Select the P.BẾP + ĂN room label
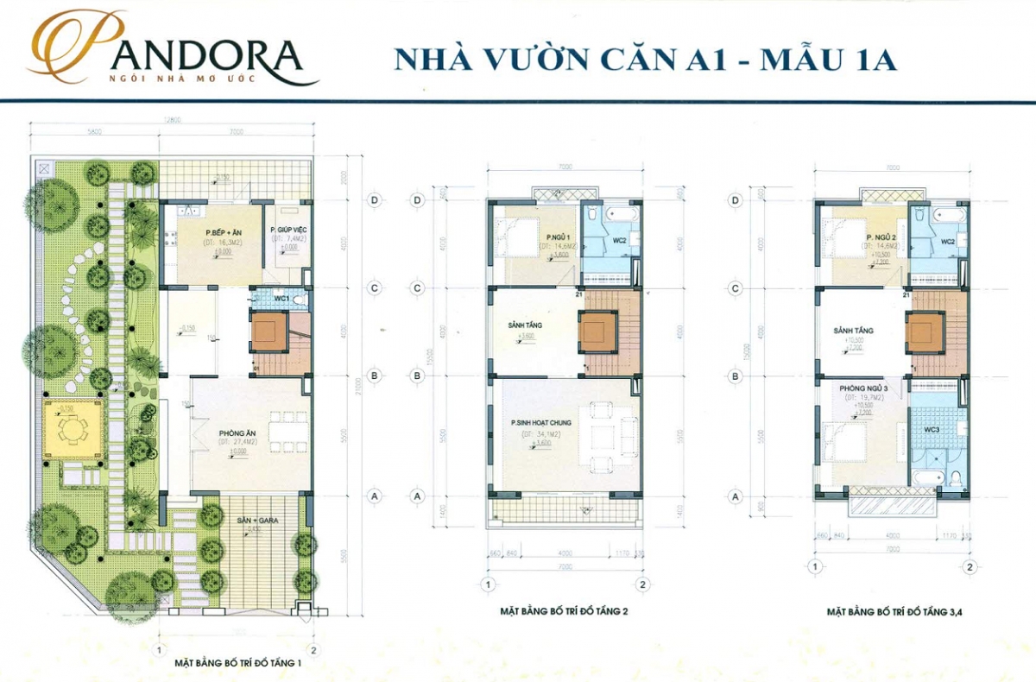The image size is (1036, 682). [221, 233]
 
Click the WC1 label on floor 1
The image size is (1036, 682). [281, 298]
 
